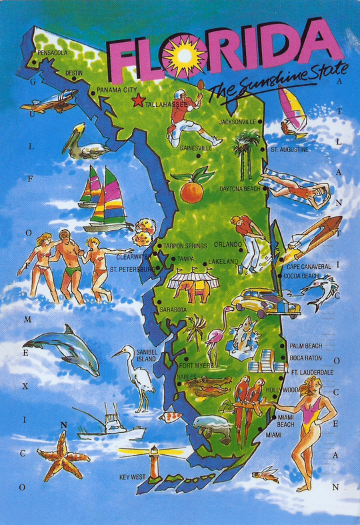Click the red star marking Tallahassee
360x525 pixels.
click(138, 101)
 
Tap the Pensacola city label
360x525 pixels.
click(53, 52)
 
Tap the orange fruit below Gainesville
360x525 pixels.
click(192, 189)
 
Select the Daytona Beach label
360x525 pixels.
click(240, 189)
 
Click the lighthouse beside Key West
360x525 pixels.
click(155, 460)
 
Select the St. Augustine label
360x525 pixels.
click(289, 149)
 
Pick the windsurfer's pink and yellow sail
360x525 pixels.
click(292, 104)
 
